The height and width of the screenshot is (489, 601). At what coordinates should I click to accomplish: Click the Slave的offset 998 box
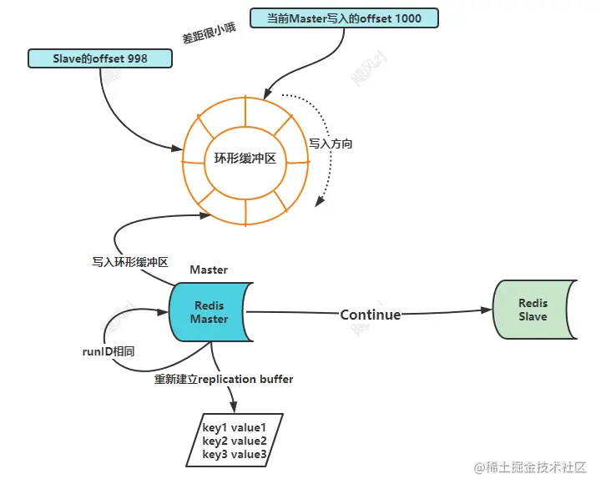pyautogui.click(x=100, y=58)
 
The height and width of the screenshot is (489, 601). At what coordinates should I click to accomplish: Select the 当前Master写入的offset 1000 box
pyautogui.click(x=344, y=18)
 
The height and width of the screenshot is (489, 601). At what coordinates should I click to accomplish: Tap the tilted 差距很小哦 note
pyautogui.click(x=209, y=33)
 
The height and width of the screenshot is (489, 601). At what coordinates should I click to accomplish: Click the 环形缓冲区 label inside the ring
pyautogui.click(x=245, y=159)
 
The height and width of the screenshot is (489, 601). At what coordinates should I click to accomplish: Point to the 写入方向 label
pyautogui.click(x=331, y=144)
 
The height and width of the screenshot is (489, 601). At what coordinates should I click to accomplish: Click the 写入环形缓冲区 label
pyautogui.click(x=130, y=262)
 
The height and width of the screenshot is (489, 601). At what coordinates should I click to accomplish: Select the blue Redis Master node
pyautogui.click(x=211, y=312)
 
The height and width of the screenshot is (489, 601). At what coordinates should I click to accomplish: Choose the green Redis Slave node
pyautogui.click(x=535, y=310)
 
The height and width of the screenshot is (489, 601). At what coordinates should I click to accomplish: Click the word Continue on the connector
pyautogui.click(x=371, y=315)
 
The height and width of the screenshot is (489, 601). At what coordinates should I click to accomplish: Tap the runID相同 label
pyautogui.click(x=109, y=351)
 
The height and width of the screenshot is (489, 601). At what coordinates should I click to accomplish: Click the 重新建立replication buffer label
pyautogui.click(x=224, y=379)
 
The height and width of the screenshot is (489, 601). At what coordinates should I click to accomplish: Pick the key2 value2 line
pyautogui.click(x=235, y=441)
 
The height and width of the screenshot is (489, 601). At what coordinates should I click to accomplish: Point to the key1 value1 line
pyautogui.click(x=234, y=427)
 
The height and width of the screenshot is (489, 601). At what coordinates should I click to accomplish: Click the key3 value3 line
pyautogui.click(x=235, y=454)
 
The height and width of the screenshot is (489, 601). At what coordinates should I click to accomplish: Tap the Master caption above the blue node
pyautogui.click(x=209, y=270)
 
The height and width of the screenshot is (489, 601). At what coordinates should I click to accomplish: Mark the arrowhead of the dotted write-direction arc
pyautogui.click(x=319, y=201)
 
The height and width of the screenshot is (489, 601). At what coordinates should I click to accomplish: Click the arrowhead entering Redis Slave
pyautogui.click(x=487, y=310)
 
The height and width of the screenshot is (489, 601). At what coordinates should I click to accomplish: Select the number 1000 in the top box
pyautogui.click(x=408, y=18)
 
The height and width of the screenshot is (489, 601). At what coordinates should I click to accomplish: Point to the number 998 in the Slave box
pyautogui.click(x=138, y=58)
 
